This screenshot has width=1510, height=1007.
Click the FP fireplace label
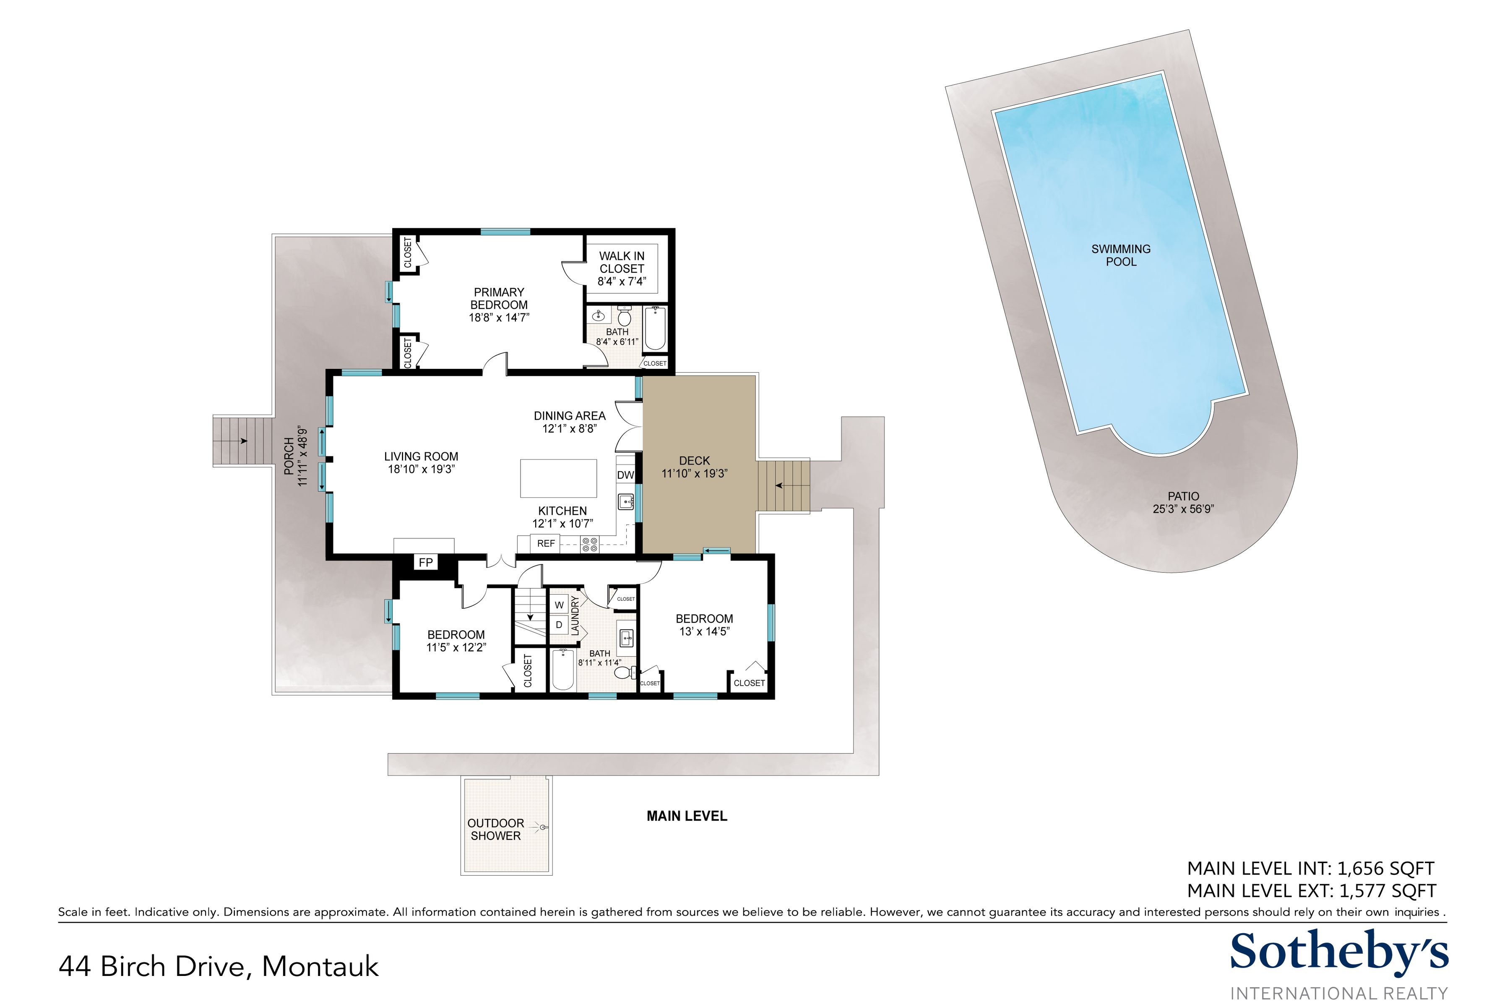pyautogui.click(x=426, y=563)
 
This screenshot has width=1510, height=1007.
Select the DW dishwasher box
pyautogui.click(x=625, y=476)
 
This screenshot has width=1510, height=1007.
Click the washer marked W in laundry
pyautogui.click(x=559, y=605)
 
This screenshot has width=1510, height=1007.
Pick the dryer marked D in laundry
pyautogui.click(x=559, y=625)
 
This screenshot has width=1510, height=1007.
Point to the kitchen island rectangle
pyautogui.click(x=559, y=478)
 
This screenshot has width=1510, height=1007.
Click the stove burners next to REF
pyautogui.click(x=589, y=545)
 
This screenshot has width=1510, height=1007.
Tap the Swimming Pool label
pyautogui.click(x=1121, y=255)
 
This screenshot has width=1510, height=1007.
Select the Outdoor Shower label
pyautogui.click(x=496, y=829)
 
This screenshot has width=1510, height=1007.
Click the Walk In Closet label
pyautogui.click(x=622, y=262)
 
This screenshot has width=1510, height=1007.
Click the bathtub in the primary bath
pyautogui.click(x=655, y=329)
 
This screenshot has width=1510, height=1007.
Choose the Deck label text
pyautogui.click(x=695, y=460)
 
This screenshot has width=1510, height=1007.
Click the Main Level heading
pyautogui.click(x=687, y=816)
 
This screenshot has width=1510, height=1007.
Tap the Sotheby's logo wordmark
pyautogui.click(x=1339, y=953)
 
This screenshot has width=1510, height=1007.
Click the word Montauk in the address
pyautogui.click(x=320, y=967)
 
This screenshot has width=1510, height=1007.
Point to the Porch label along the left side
pyautogui.click(x=289, y=456)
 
